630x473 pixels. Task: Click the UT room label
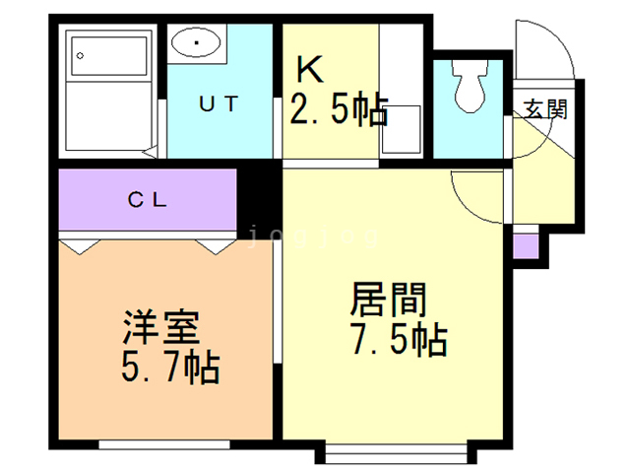(x=219, y=104)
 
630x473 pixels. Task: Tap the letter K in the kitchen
(x=309, y=71)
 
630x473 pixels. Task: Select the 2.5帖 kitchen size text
(x=337, y=109)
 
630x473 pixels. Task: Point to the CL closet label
(x=148, y=198)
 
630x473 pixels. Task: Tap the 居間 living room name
(x=387, y=299)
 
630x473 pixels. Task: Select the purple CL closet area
(x=148, y=199)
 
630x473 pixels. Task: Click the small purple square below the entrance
(x=526, y=244)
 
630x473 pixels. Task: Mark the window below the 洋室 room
(x=157, y=445)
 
